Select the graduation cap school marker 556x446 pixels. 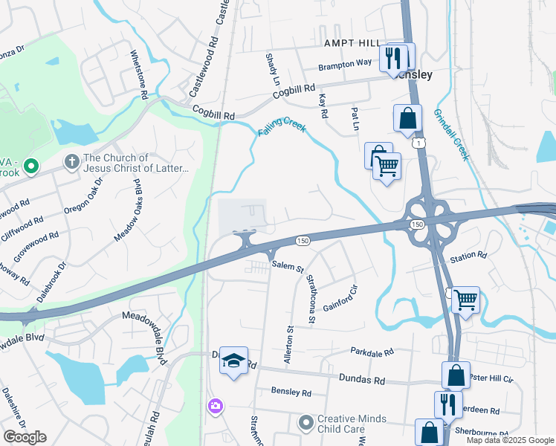click(233, 361)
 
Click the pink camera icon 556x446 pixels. click(215, 406)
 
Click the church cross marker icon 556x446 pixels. click(71, 162)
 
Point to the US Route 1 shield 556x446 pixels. click(421, 141)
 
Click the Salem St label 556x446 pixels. click(288, 266)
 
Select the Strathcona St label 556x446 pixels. click(312, 300)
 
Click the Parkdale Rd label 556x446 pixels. click(372, 352)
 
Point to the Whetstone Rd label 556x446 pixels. click(139, 74)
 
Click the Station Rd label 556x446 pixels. click(469, 255)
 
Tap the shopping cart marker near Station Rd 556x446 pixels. click(465, 300)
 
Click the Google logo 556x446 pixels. click(25, 437)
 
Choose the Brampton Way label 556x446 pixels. click(345, 64)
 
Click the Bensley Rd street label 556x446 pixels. click(291, 392)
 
